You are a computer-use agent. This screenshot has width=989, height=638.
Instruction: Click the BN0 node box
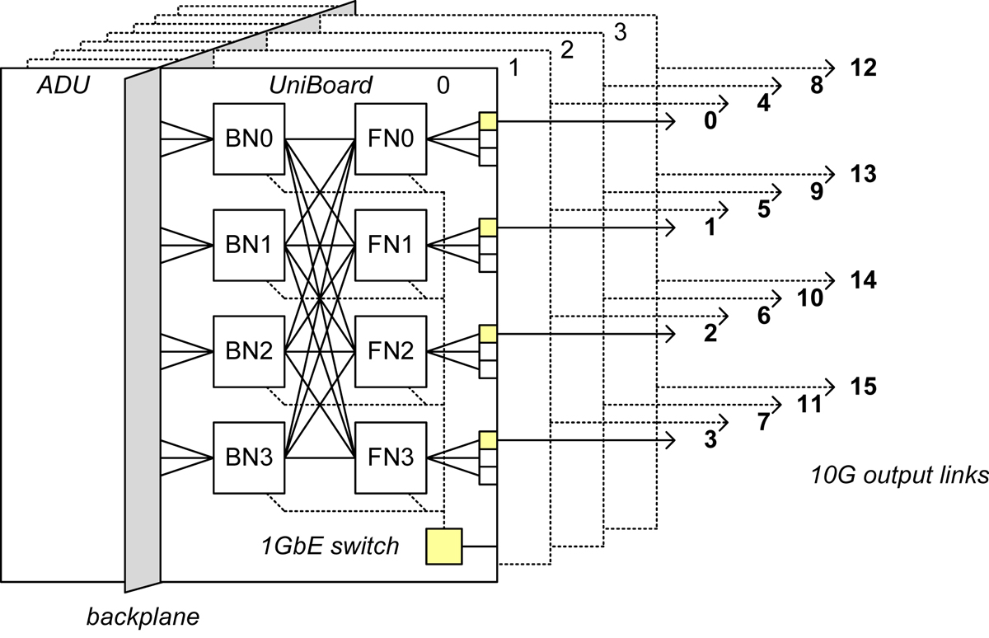click(x=248, y=138)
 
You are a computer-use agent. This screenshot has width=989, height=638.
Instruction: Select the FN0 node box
click(x=391, y=138)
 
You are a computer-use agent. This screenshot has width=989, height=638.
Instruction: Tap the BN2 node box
click(x=248, y=351)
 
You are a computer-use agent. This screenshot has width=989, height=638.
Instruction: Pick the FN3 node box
click(x=391, y=457)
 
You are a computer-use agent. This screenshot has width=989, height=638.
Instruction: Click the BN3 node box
click(x=248, y=457)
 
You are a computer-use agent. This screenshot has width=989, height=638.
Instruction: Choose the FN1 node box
click(x=391, y=245)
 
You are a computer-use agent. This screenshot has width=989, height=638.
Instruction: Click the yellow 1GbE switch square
click(x=444, y=547)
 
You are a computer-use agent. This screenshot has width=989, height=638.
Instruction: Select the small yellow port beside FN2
click(x=487, y=334)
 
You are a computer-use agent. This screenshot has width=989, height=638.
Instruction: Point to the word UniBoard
click(x=321, y=86)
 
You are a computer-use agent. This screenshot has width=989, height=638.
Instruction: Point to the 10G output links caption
click(x=898, y=477)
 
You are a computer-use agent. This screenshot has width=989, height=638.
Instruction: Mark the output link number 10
click(x=812, y=299)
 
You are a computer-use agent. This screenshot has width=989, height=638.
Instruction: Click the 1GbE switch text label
click(x=330, y=546)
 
